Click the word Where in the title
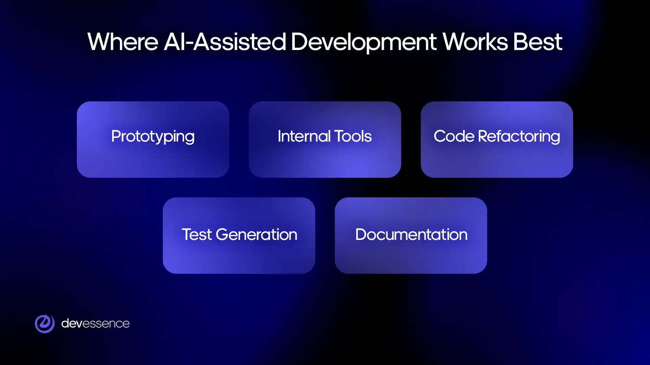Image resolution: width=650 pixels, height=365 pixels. coord(123,42)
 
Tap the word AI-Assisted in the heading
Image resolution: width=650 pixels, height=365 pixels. coord(225,42)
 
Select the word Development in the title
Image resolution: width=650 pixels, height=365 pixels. coord(364,43)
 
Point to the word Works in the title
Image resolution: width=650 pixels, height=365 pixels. coord(475,42)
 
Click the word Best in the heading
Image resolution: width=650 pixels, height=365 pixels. coord(537,42)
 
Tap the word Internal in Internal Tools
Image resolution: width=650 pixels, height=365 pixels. coord(304,136)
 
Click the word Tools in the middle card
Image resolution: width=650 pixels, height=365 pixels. coord(353,136)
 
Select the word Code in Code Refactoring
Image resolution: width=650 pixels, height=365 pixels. coord(454,136)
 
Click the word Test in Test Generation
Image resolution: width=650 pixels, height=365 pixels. coord(197,235)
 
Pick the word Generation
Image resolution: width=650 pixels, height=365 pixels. coord(256,235)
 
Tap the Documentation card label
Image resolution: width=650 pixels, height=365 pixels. coord(411,235)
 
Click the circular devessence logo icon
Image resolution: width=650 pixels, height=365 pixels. coord(45,323)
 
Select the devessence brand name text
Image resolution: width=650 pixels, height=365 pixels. coord(95,323)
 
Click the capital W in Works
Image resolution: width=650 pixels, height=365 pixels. coord(453,42)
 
